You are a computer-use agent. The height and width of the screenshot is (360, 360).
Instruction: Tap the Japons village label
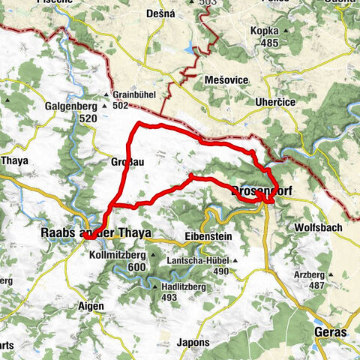(193, 342)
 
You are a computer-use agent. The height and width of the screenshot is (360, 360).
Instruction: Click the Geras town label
(331, 331)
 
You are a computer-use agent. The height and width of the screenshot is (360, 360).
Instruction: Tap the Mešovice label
(223, 78)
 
